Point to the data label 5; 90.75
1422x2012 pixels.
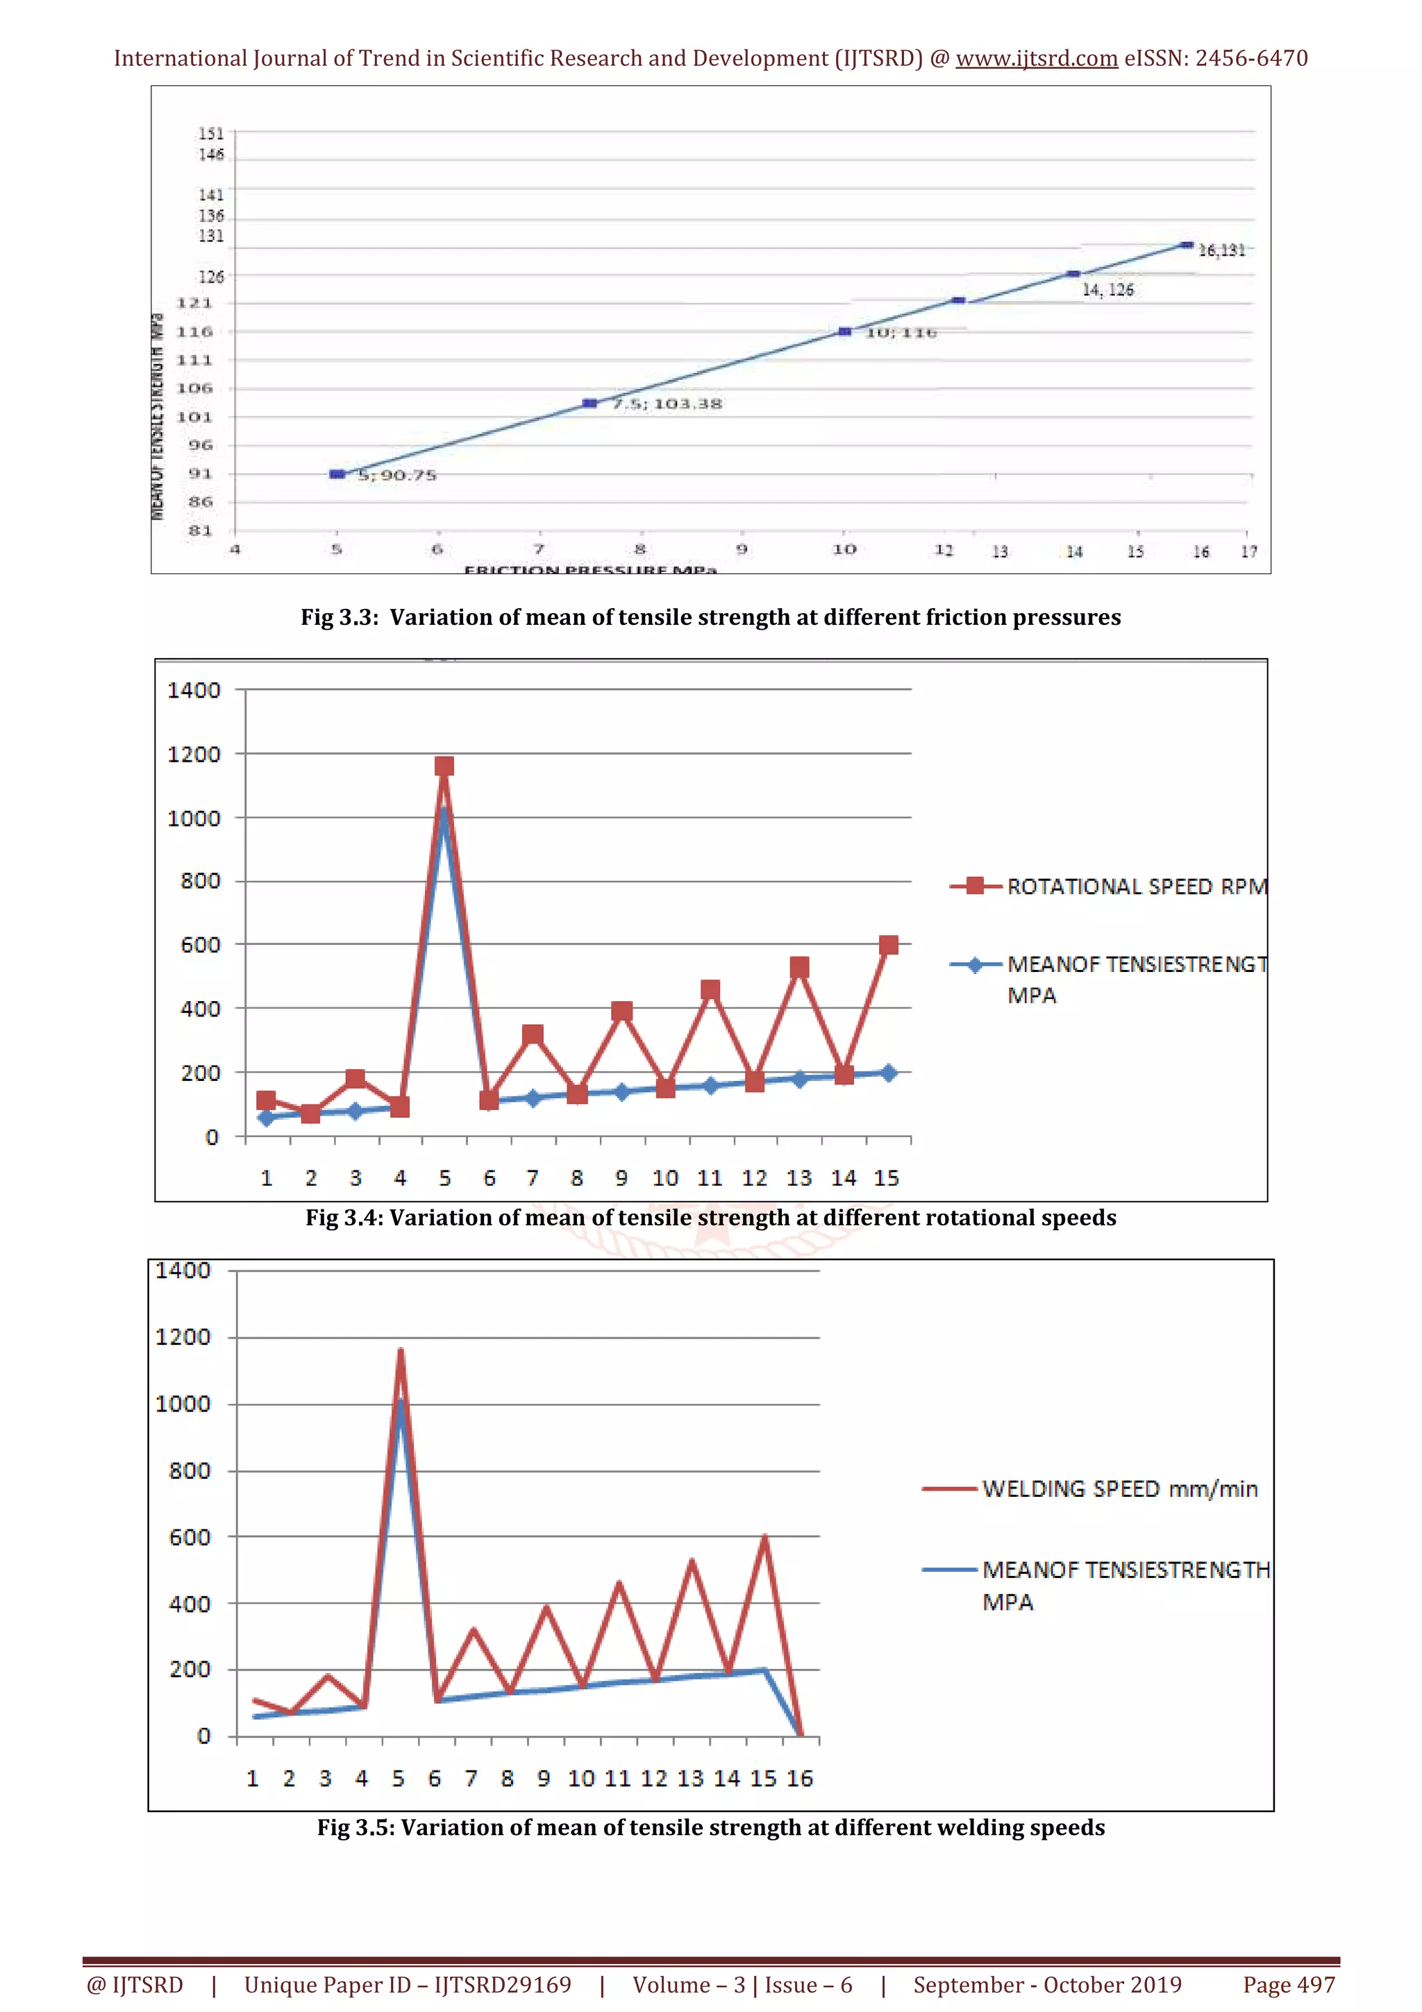click(x=397, y=475)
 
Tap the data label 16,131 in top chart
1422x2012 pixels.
click(x=1221, y=251)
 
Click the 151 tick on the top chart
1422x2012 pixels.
click(x=211, y=134)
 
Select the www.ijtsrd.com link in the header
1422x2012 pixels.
click(x=1037, y=59)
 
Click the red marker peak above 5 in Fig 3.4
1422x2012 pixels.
click(x=444, y=766)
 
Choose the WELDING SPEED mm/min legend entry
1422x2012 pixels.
click(x=1119, y=1489)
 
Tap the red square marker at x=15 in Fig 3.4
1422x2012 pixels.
click(x=887, y=945)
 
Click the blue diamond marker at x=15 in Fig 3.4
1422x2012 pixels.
click(x=887, y=1073)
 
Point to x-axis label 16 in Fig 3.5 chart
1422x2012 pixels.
click(x=799, y=1778)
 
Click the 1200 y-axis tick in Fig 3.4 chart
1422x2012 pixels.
click(x=194, y=755)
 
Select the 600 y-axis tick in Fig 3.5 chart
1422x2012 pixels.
click(x=190, y=1537)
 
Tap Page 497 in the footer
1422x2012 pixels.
click(x=1288, y=1985)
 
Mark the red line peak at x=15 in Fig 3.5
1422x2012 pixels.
click(x=765, y=1538)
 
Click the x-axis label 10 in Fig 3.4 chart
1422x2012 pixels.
click(x=665, y=1179)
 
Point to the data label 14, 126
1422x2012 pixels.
click(x=1107, y=290)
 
